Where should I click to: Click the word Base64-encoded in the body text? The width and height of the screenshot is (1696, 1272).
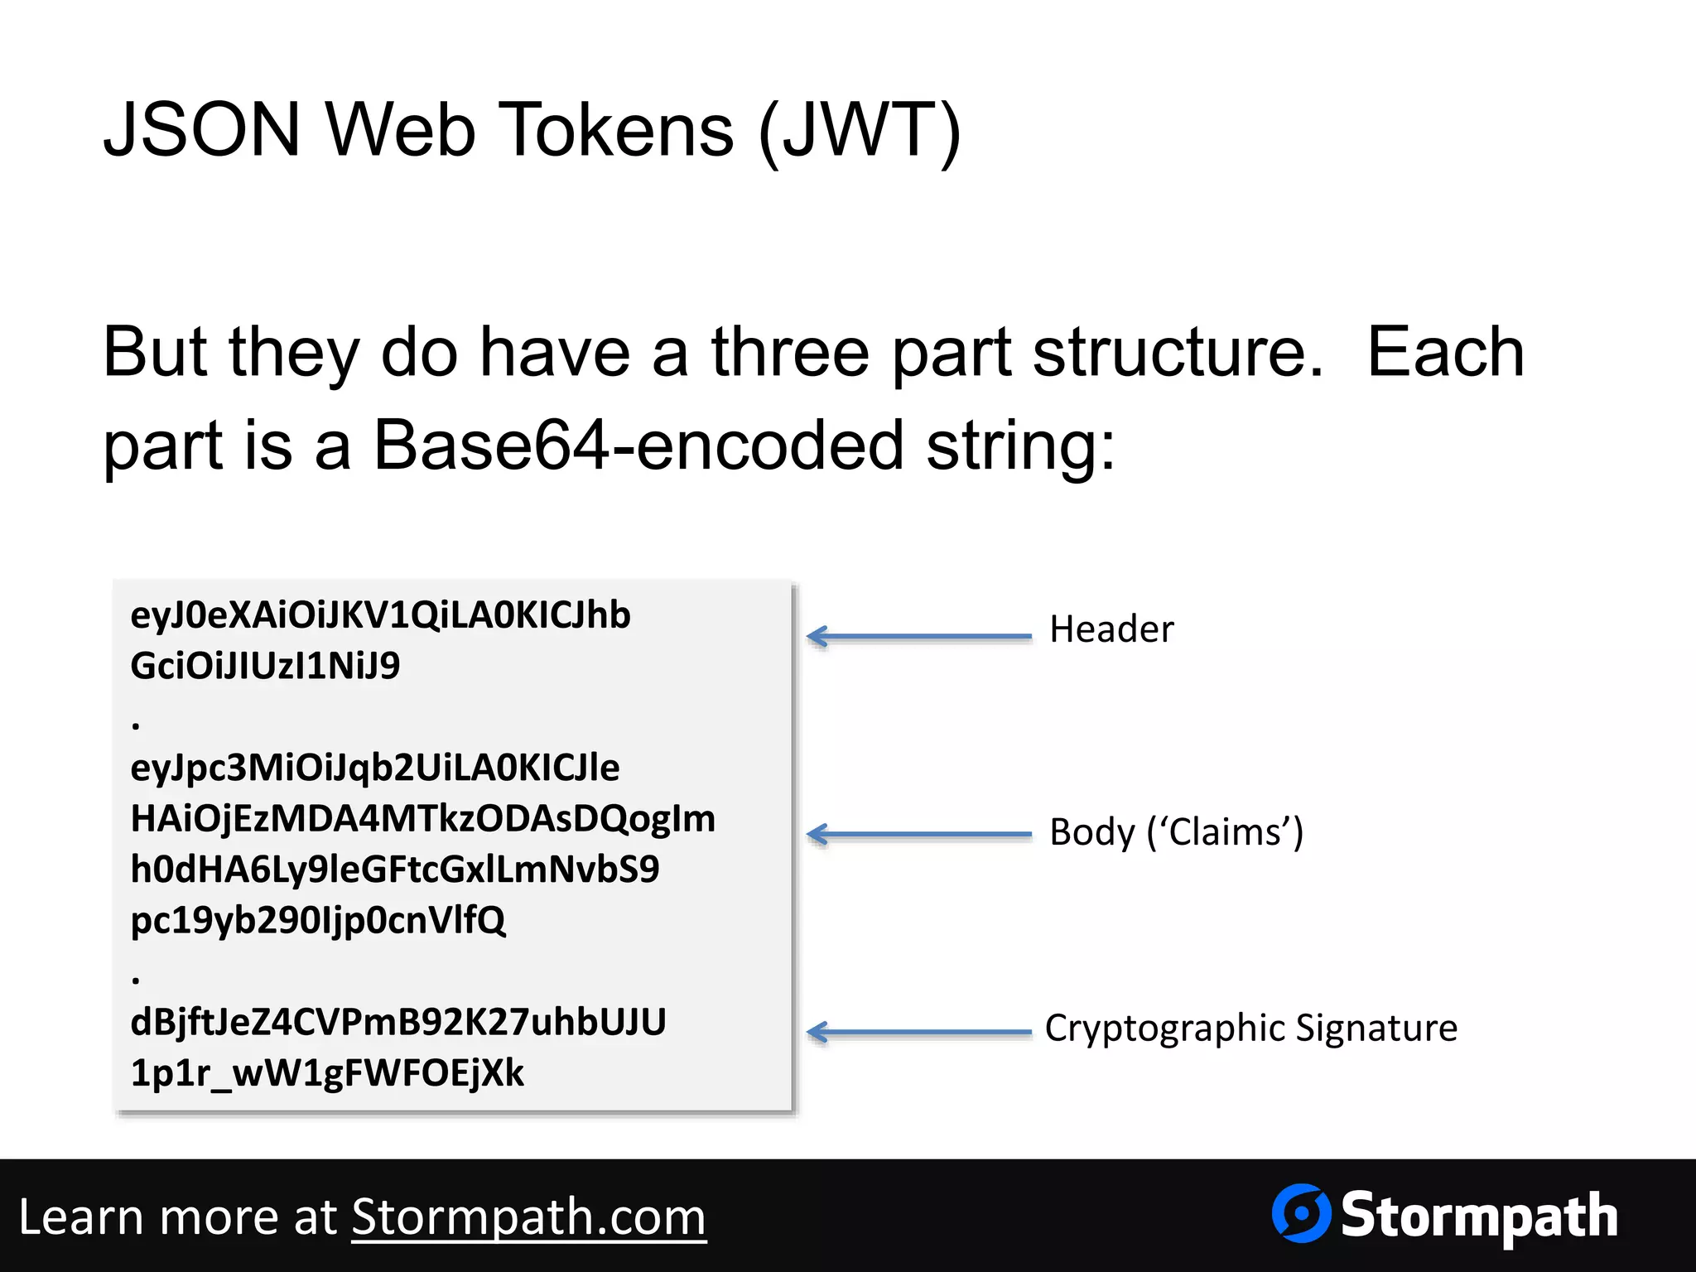[638, 446]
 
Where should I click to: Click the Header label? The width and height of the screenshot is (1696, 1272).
[1111, 629]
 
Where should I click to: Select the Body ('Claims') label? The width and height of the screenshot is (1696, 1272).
[1176, 832]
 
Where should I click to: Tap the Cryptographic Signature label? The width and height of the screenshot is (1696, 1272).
[1250, 1028]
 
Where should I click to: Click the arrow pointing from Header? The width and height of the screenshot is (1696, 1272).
[919, 636]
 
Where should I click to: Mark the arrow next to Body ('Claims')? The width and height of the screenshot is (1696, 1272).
[919, 834]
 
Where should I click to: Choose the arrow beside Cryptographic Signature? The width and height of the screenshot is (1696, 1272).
[919, 1032]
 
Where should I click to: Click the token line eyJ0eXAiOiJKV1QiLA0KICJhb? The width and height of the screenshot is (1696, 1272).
[380, 615]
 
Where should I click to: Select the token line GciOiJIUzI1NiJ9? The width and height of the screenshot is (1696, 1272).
[265, 666]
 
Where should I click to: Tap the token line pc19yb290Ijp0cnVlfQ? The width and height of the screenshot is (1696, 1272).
[318, 920]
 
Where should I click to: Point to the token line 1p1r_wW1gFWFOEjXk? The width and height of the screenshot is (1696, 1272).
[327, 1073]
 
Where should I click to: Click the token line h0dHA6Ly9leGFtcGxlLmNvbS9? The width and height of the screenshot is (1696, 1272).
[395, 870]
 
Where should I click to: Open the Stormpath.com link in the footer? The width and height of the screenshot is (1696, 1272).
[528, 1217]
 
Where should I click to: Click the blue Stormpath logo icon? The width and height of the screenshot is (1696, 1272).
[1301, 1213]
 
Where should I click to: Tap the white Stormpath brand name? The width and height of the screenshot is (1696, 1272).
[1479, 1216]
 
